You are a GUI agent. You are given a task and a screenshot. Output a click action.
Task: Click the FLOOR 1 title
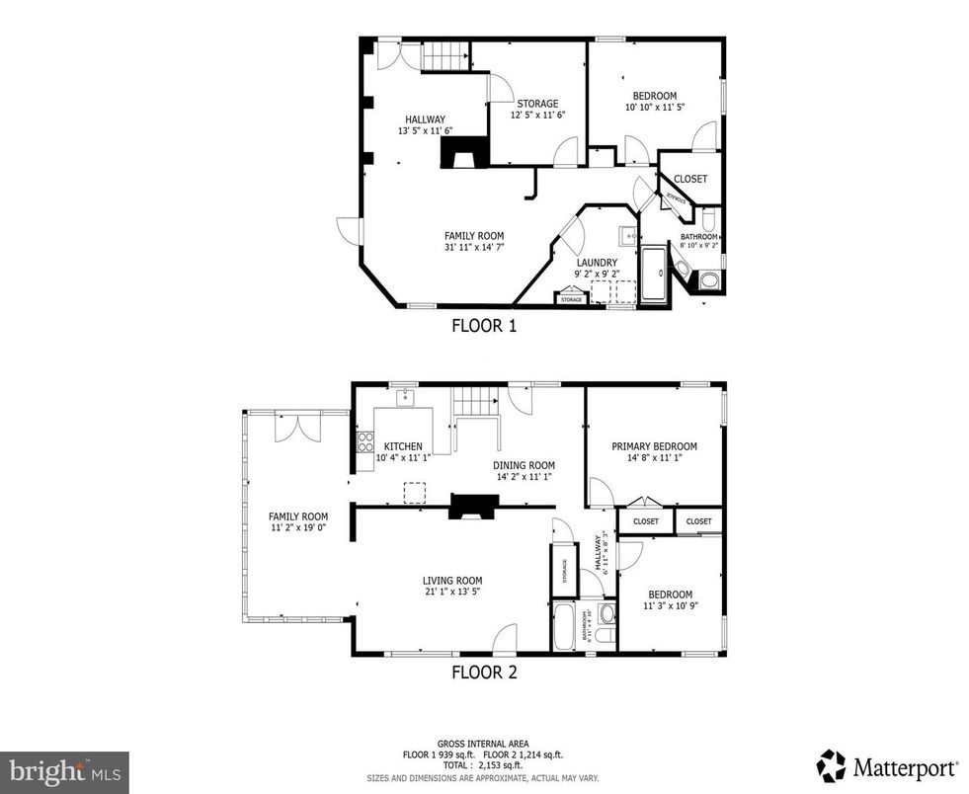coord(484,324)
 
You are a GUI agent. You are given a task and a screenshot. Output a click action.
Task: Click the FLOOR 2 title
coord(484,674)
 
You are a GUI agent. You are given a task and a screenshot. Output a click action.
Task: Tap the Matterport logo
coord(887,765)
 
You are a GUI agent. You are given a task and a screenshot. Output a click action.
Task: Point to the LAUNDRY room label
coord(597,263)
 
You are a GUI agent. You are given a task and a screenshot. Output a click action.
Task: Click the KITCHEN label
coord(403,446)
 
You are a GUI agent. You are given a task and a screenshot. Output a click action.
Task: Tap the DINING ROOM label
coord(524,465)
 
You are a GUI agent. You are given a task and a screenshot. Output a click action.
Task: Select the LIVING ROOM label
coord(452,581)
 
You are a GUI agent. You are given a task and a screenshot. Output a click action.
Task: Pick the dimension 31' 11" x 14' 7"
coord(474,248)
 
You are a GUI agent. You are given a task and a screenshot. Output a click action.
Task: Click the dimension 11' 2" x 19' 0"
coord(298,528)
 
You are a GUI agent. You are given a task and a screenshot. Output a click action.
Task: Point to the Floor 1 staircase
coord(444,56)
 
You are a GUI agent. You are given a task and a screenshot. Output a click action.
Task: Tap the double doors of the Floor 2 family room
coord(297,427)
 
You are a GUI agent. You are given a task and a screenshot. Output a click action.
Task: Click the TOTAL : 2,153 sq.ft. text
coord(484,765)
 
